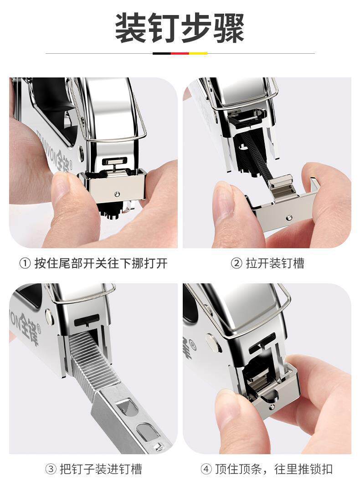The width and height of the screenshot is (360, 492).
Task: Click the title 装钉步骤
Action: point(180,28)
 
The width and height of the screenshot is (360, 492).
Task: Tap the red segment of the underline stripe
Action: point(180,53)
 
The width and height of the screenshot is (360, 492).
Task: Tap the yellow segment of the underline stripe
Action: point(198,53)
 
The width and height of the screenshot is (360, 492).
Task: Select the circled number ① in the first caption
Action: point(25,263)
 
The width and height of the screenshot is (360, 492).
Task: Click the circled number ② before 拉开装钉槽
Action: point(237,263)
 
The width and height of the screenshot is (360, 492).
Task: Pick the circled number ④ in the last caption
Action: point(206,469)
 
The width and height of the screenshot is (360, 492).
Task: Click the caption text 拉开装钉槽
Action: point(275,263)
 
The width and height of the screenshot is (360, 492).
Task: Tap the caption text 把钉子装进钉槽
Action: point(101,469)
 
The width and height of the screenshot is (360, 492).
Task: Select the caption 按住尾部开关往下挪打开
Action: point(101,263)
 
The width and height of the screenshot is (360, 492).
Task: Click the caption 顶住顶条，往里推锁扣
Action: point(274,469)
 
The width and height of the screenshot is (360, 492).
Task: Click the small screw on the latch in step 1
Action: point(117,194)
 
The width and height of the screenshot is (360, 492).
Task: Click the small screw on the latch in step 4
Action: point(272,407)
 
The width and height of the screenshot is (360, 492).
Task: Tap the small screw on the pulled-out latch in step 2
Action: point(289,217)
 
